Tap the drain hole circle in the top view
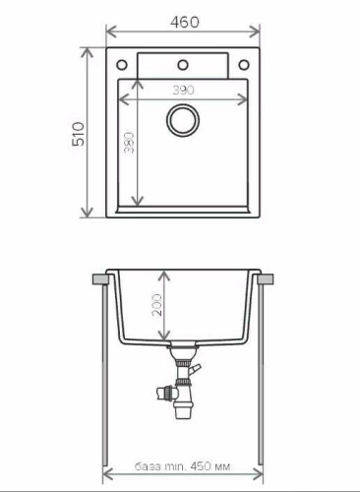pyautogui.click(x=183, y=121)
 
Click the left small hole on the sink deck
pyautogui.click(x=121, y=66)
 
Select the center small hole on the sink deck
pyautogui.click(x=183, y=66)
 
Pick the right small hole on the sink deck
pyautogui.click(x=245, y=66)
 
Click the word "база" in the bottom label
pyautogui.click(x=147, y=466)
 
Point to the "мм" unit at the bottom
pyautogui.click(x=225, y=466)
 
